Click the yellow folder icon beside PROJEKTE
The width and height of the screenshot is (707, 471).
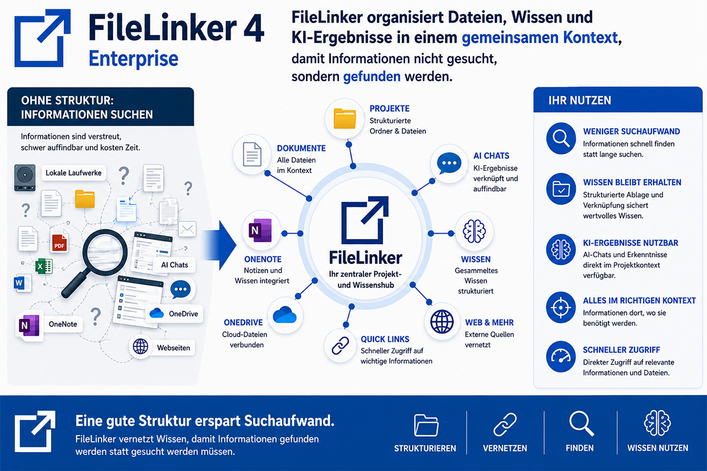point(345,118)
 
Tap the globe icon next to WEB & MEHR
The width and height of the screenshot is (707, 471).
point(442,322)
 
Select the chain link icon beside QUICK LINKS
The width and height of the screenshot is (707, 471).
point(340,346)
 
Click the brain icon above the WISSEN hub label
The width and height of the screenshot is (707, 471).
point(474,231)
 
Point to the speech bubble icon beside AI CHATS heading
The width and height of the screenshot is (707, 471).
point(449,163)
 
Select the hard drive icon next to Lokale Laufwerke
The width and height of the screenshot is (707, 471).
point(24,177)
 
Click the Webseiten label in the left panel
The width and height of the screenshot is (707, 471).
point(174,347)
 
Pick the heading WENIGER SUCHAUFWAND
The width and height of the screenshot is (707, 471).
point(632,131)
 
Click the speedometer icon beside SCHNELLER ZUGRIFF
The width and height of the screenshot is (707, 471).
point(561,357)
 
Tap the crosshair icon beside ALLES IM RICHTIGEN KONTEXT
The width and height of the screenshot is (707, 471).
point(561,307)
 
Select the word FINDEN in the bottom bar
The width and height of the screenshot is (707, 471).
point(579,448)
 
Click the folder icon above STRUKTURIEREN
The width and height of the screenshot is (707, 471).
point(426,425)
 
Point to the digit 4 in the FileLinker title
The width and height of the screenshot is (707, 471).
point(254,27)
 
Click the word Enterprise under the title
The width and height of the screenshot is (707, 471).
point(134,59)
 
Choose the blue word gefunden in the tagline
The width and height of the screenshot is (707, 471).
point(372,77)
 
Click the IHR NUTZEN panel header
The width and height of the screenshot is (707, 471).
point(618,100)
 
